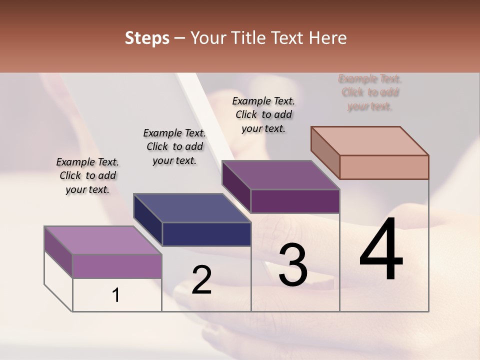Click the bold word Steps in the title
(x=147, y=38)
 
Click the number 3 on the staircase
(x=293, y=265)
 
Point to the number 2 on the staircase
(x=201, y=280)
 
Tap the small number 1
(x=116, y=295)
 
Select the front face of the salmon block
(x=384, y=167)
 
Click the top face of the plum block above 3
(x=280, y=175)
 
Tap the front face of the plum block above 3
(x=295, y=201)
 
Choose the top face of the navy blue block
(x=192, y=207)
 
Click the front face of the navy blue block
(x=206, y=234)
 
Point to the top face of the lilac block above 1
(x=103, y=240)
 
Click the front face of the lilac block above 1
(x=117, y=266)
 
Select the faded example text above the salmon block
(x=370, y=92)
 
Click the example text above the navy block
(x=174, y=146)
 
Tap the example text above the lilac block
(x=87, y=175)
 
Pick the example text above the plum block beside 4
(x=263, y=114)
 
